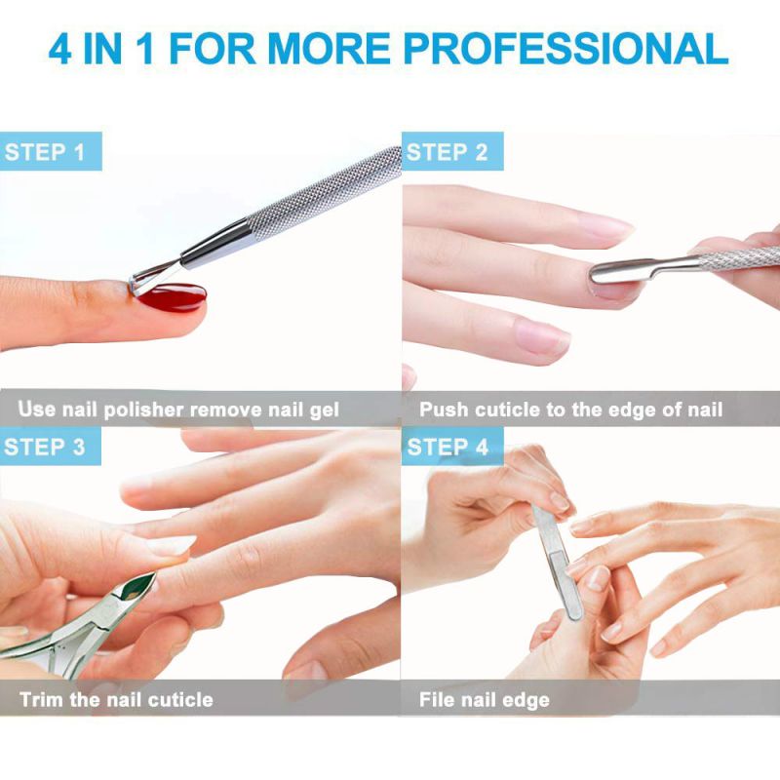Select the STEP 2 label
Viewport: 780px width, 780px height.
(x=447, y=152)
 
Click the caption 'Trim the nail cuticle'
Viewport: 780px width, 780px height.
(x=116, y=699)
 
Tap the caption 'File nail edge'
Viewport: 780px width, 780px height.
(x=485, y=699)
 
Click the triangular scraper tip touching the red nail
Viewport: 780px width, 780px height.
(x=146, y=281)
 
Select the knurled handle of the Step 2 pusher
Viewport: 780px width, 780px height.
(x=736, y=255)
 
